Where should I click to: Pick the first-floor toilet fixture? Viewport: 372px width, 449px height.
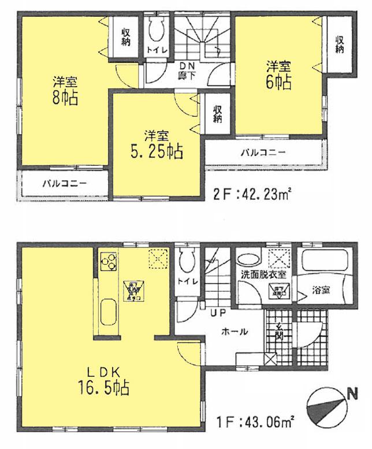click(186, 262)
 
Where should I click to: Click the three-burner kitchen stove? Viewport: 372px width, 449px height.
click(108, 264)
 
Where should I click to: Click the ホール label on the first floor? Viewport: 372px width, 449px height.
click(235, 332)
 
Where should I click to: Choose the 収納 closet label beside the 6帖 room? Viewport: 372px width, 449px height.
click(340, 44)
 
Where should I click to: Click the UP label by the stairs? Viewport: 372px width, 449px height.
click(218, 314)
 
